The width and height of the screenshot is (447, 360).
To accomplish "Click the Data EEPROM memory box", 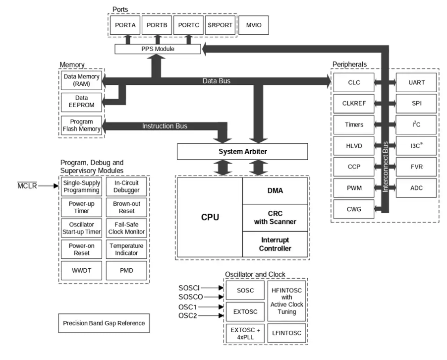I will pos(81,102).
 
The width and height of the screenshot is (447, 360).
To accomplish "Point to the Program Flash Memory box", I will pos(81,125).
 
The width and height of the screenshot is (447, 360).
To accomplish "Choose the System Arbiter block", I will pos(242,151).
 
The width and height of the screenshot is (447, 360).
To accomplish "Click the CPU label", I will pos(210,217).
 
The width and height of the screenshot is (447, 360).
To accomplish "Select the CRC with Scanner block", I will pos(275,217).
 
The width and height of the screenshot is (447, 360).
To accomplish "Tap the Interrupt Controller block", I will pos(275,244).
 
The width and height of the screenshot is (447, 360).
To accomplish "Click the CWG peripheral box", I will pos(354,209).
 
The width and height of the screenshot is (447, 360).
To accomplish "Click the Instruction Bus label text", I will pos(165,126).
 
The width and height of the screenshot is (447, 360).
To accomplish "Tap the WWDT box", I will pos(81,270).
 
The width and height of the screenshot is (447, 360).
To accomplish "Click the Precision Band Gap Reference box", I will pos(104,323).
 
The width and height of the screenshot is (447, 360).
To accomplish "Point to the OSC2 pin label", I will pos(188,316).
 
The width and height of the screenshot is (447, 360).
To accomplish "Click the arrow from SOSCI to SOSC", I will pos(213,287).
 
